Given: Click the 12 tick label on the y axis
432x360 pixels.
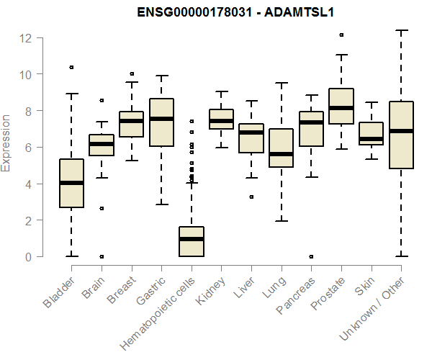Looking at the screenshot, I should pos(27,37).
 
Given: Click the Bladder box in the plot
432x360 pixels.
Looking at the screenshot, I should pos(71,184).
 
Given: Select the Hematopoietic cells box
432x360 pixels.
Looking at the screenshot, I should pos(192,241).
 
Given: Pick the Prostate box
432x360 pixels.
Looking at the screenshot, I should pos(341,107).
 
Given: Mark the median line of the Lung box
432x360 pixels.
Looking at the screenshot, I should pos(281,153).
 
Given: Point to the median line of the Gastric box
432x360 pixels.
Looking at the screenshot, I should pos(161,118).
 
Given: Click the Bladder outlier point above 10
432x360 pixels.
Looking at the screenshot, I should pos(71,67).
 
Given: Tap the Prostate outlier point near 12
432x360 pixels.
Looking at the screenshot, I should pos(341,35).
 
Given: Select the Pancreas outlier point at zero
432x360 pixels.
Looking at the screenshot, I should pos(311,256).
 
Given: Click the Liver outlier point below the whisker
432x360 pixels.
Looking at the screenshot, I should pos(251,197).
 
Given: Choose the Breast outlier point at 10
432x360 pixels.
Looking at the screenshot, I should pos(132,73).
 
